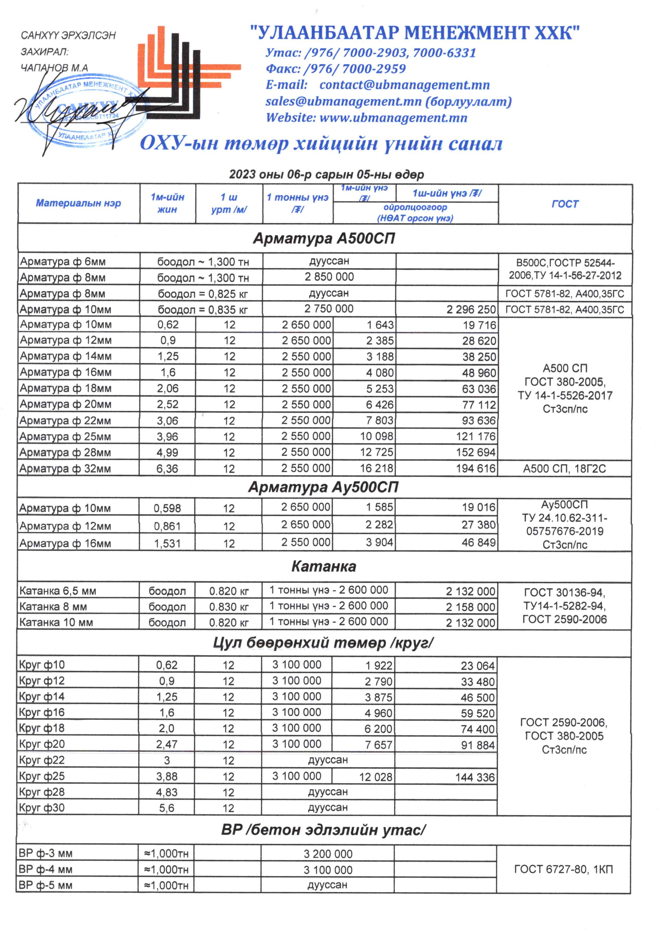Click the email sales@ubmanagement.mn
point(343,102)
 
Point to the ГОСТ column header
point(565,204)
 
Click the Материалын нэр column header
point(78,203)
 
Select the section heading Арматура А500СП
point(324,238)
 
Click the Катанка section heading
point(324,566)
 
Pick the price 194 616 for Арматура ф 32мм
point(476,468)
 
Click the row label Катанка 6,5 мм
point(57,591)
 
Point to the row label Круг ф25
point(42,776)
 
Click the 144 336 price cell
point(475,777)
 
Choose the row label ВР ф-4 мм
point(45,869)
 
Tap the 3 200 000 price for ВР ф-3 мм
point(328,854)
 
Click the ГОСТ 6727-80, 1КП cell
point(563,869)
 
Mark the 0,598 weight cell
point(167,508)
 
